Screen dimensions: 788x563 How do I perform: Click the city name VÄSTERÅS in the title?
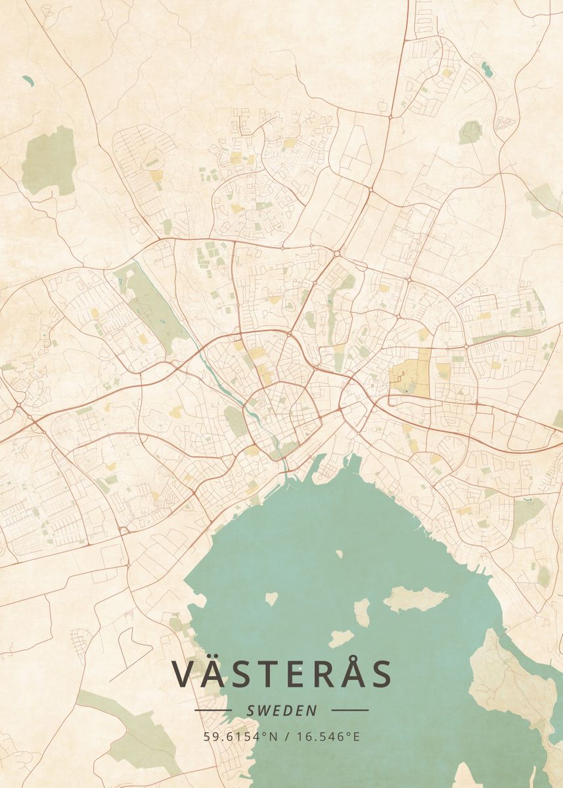click(282, 674)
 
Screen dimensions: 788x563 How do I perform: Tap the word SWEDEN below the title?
click(282, 711)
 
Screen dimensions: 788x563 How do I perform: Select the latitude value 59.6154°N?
click(238, 736)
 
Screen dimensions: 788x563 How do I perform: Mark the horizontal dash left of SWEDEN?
click(213, 710)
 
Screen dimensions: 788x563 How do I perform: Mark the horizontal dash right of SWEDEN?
click(350, 710)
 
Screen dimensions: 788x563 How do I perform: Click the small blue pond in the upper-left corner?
click(28, 80)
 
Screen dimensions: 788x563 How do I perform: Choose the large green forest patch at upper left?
click(49, 161)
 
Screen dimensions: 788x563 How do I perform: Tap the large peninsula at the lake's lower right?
click(512, 676)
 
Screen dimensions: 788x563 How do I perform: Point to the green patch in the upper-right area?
click(470, 132)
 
